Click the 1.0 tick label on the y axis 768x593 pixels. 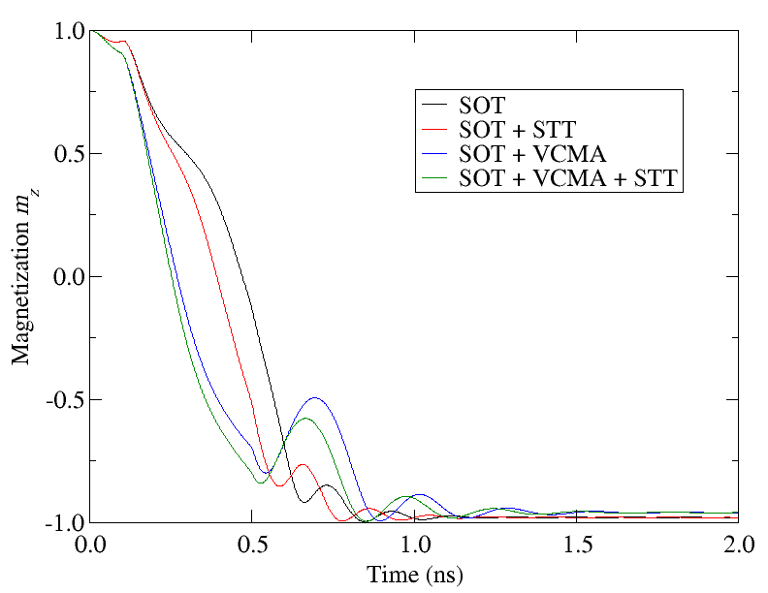(x=67, y=31)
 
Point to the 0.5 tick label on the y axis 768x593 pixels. (x=67, y=154)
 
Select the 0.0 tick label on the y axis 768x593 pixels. (x=67, y=277)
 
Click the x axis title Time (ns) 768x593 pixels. (x=415, y=574)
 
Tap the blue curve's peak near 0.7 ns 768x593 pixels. (x=314, y=398)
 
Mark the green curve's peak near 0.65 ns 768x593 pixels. (x=305, y=419)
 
